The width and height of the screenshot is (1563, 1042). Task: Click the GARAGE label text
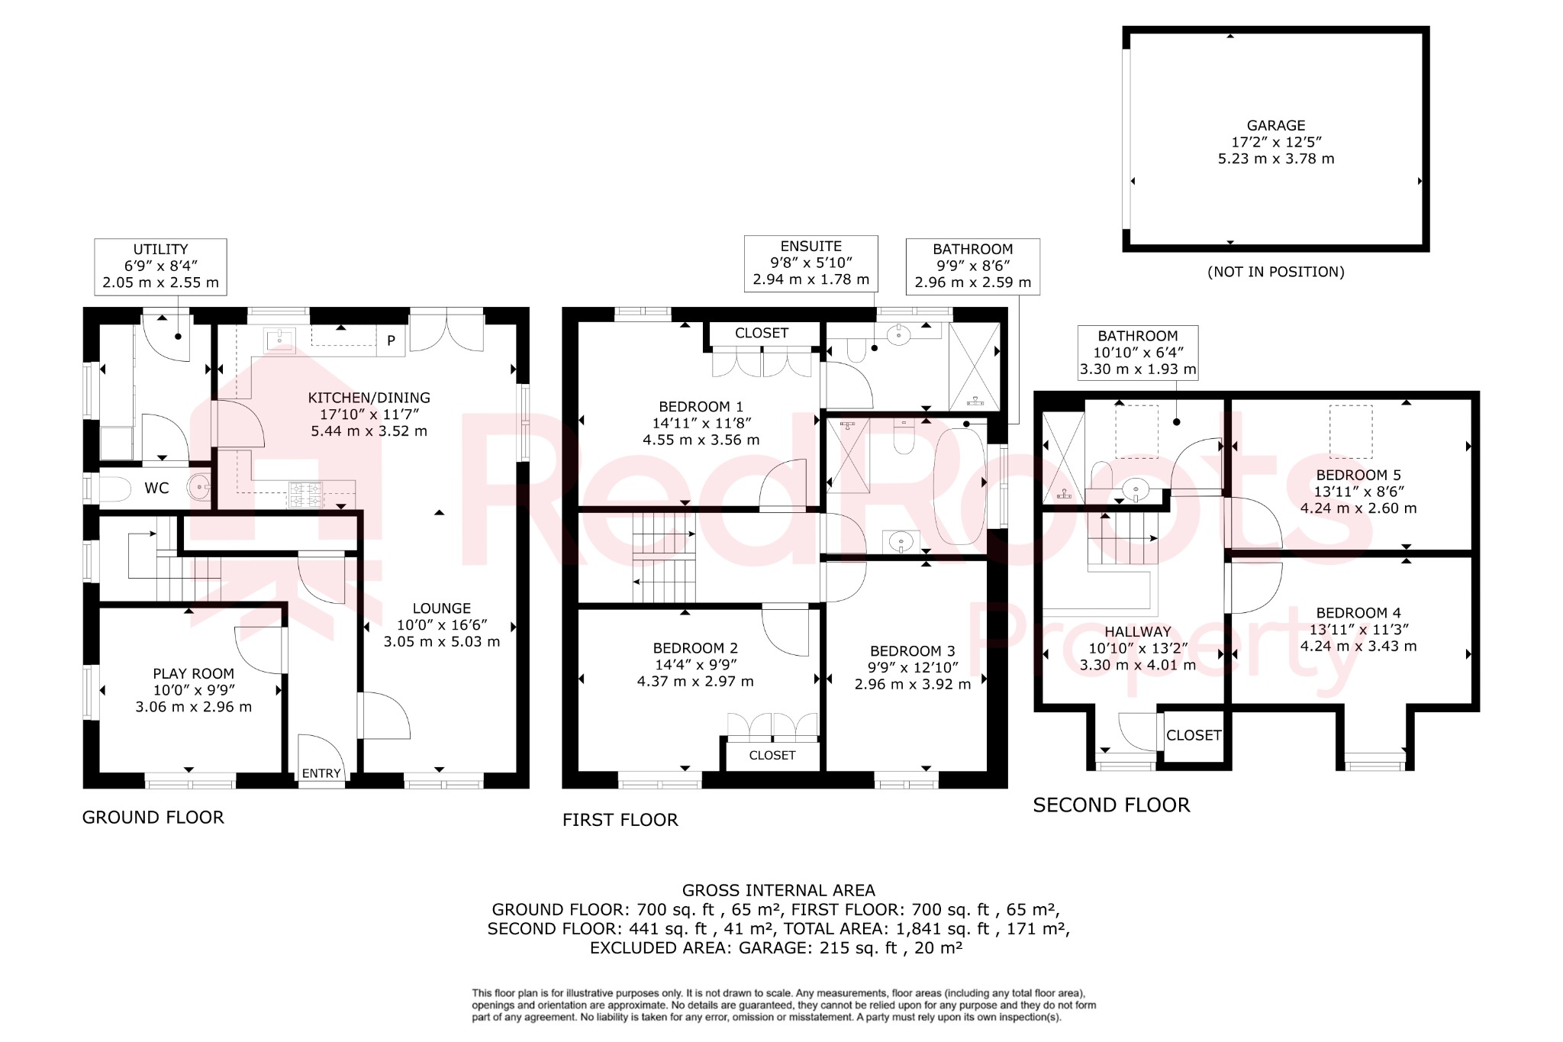coord(1275,125)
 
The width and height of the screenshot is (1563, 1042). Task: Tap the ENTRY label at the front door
coord(321,773)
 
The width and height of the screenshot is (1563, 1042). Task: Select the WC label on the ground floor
coord(156,488)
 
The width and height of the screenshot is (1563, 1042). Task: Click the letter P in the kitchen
coord(391,340)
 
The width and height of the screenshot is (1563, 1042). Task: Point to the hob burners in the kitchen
coord(305,494)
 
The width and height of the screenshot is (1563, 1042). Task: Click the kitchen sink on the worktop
coord(280,338)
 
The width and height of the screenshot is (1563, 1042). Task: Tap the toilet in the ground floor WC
coord(116,489)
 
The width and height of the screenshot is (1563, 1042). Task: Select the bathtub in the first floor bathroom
coord(960,486)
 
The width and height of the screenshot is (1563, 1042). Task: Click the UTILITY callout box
coord(160,266)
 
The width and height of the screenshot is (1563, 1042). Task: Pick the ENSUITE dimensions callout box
coord(811,263)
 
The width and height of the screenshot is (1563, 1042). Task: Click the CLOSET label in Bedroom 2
coord(772,755)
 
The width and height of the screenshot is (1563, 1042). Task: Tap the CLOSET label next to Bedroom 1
coord(761,333)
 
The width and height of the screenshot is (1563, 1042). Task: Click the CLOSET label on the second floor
coord(1194,735)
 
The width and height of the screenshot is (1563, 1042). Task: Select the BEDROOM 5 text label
coord(1358,475)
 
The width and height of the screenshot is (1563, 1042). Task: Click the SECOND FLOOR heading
coord(1110,805)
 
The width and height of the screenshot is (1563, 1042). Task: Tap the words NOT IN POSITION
coord(1275,272)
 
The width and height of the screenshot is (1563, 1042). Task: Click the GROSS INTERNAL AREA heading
coord(778,890)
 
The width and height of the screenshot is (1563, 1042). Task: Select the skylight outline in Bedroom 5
coord(1351,431)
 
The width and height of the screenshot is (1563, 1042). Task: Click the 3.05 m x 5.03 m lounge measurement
coord(441,641)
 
